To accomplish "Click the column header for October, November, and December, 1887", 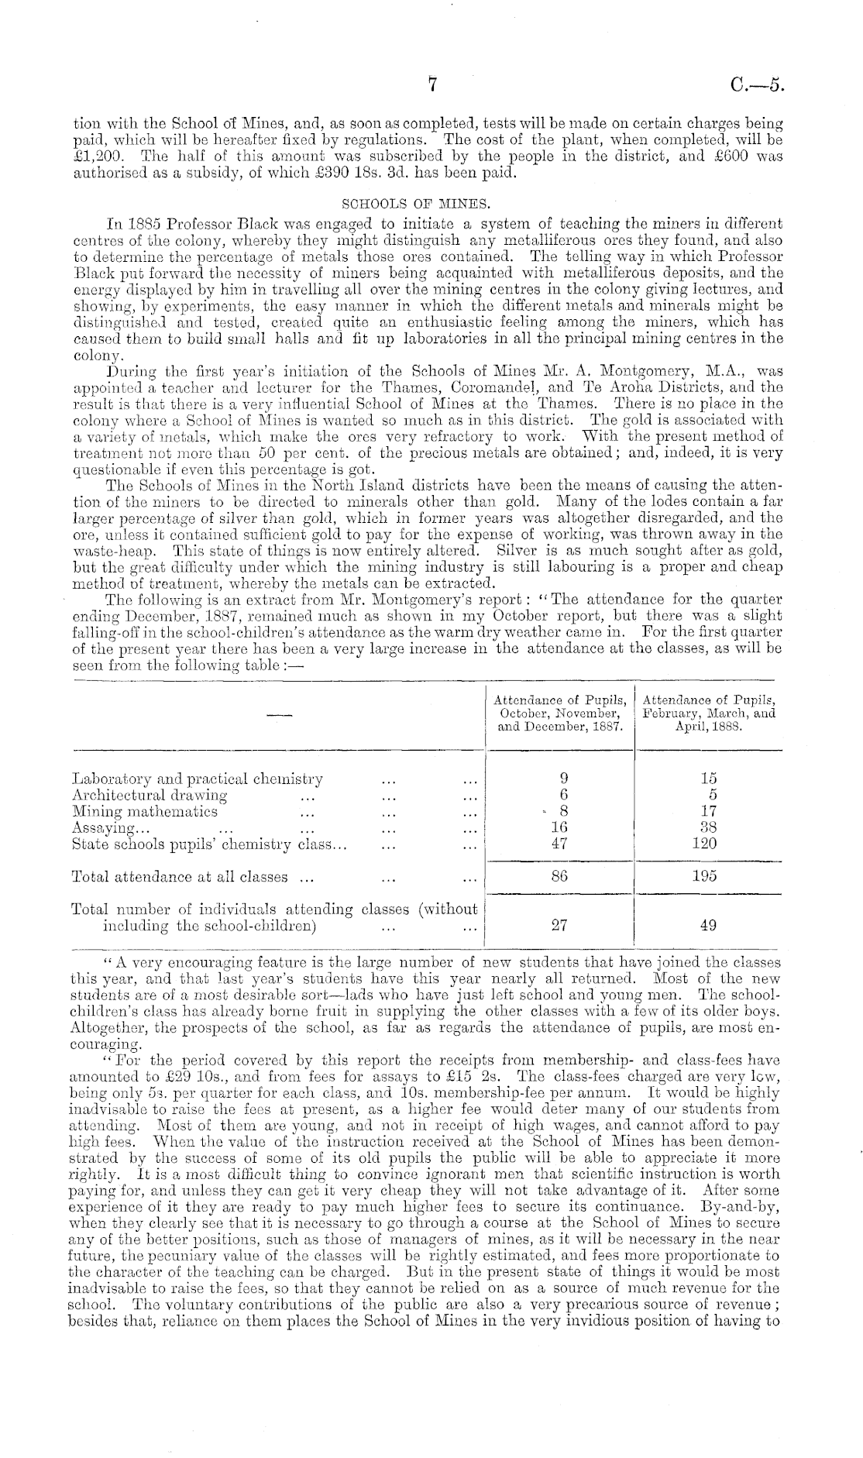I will click(x=560, y=712).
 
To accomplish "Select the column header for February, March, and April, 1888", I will click(x=709, y=712).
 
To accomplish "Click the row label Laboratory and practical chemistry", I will click(x=197, y=779).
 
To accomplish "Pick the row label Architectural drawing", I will click(x=149, y=795).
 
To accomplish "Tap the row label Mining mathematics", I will click(x=144, y=811).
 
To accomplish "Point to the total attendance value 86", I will click(x=560, y=876).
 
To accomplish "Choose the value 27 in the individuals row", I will click(x=560, y=925).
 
